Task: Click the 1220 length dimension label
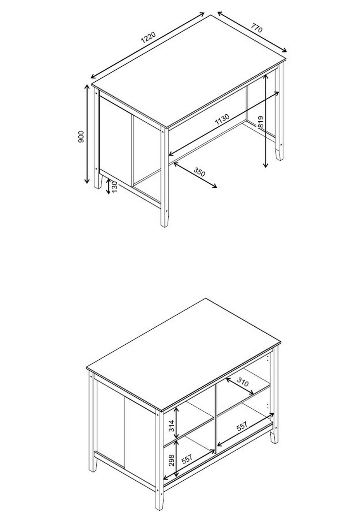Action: (x=148, y=37)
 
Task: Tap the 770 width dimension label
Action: (x=256, y=28)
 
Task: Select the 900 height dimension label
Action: (x=81, y=137)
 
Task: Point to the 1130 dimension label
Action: (x=222, y=119)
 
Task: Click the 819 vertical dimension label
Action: (x=260, y=122)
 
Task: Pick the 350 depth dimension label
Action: (x=199, y=172)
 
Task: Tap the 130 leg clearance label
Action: (x=114, y=187)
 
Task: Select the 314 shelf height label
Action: (x=171, y=426)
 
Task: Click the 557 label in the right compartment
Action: (x=242, y=426)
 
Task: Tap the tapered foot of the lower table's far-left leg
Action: (x=94, y=465)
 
